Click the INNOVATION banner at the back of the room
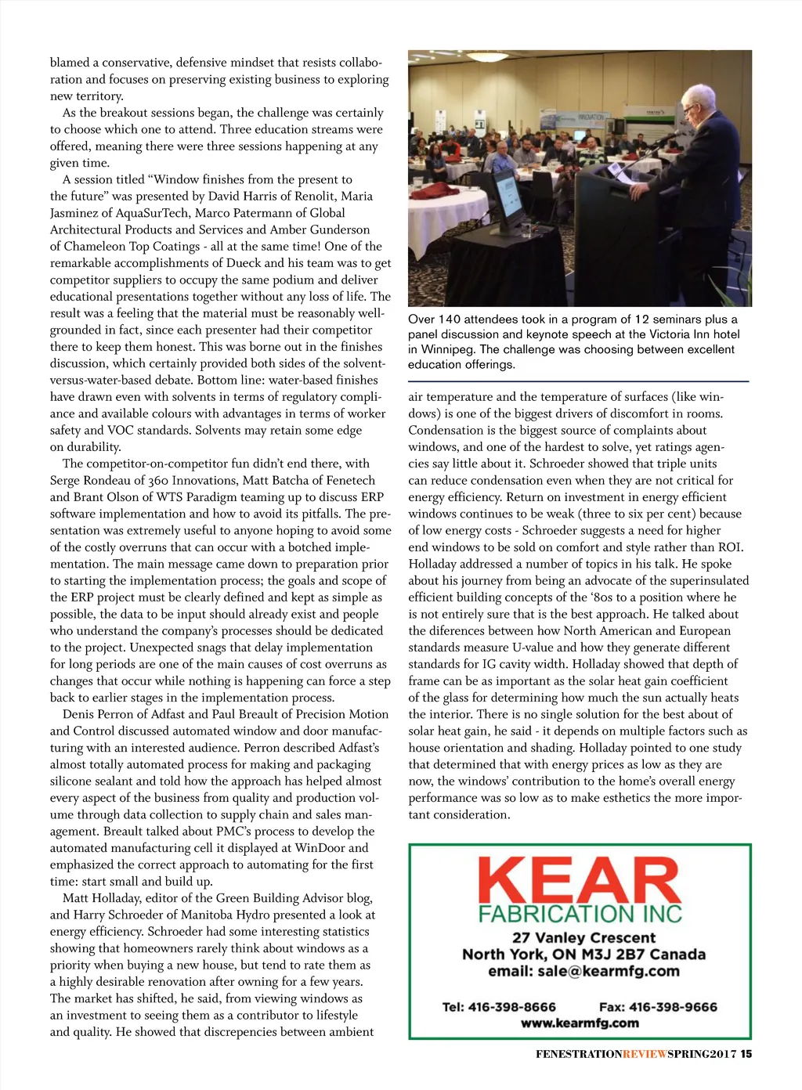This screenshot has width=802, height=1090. tap(591, 117)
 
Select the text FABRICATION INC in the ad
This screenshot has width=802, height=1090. tap(580, 914)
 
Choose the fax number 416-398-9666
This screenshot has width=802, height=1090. tap(673, 1007)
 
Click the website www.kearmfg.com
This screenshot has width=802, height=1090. tap(580, 1023)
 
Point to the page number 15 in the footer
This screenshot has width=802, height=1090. tap(746, 1054)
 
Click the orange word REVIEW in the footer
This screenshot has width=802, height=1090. tap(645, 1054)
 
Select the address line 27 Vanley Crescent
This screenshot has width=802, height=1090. tap(583, 937)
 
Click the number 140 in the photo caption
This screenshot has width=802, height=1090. tap(450, 319)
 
